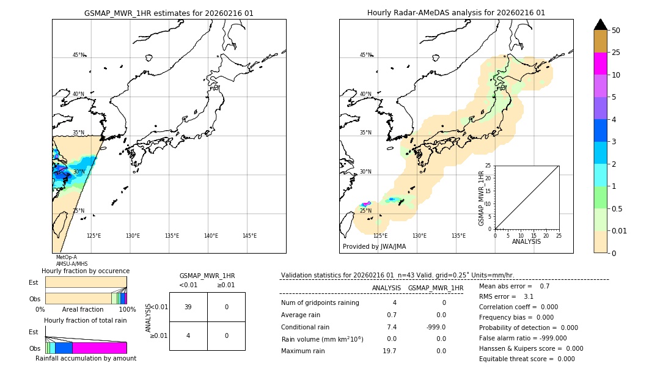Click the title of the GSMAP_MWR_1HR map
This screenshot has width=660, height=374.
pos(169,13)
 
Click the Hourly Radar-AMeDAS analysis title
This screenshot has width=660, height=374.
pos(456,13)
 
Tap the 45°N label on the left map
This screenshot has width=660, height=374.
pos(78,55)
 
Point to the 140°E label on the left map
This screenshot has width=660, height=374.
pos(211,236)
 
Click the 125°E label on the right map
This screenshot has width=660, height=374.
pos(380,236)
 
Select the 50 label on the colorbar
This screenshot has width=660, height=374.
pos(616,31)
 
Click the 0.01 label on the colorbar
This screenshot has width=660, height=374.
pos(620,230)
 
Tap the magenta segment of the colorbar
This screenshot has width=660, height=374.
pos(600,64)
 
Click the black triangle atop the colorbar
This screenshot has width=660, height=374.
pos(600,24)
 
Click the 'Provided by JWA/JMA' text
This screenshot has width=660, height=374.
pos(374,246)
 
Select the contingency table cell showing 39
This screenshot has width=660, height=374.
pos(188,307)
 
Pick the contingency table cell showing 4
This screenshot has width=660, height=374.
pos(188,335)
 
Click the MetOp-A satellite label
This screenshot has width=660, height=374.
pos(66,257)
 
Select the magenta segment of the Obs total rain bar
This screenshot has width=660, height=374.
pos(99,348)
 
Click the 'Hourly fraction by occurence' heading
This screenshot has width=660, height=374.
pos(86,271)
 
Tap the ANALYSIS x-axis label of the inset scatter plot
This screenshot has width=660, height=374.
pos(526,241)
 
